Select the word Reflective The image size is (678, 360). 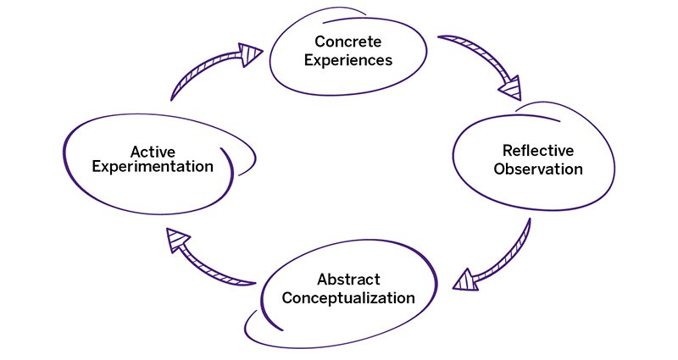538,151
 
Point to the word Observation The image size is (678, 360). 538,169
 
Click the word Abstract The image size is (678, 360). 348,280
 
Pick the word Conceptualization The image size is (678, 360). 348,298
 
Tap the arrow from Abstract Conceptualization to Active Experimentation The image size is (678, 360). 208,258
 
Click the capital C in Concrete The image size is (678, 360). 320,42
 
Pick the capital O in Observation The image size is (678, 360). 500,169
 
